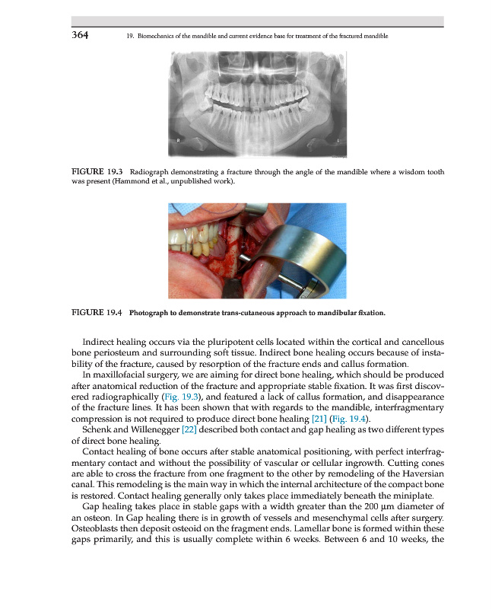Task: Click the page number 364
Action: click(x=81, y=35)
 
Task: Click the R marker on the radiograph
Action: click(x=179, y=142)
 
